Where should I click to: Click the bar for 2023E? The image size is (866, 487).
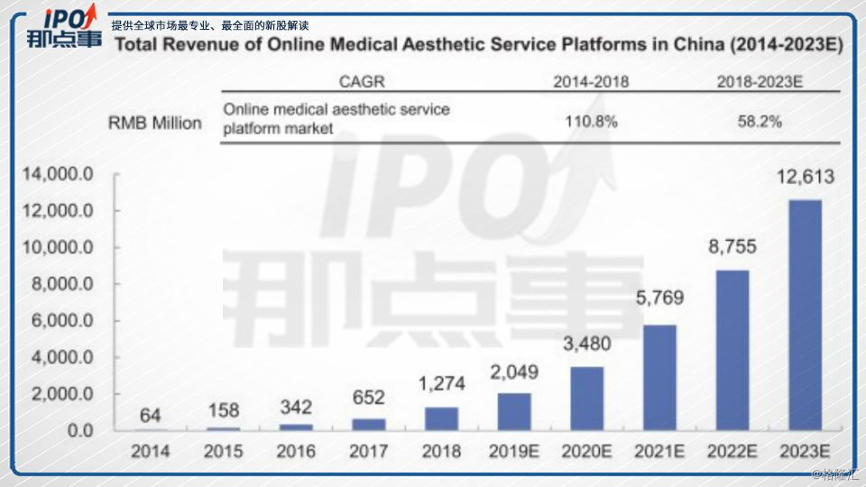805,315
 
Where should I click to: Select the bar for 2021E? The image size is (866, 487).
659,377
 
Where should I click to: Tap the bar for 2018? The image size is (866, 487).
441,418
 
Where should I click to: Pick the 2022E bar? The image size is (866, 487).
732,350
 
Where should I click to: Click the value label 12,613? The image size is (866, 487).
805,177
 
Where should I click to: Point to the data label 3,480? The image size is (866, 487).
586,344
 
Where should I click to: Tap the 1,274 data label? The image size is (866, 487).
441,384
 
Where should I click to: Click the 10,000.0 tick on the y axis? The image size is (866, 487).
58,248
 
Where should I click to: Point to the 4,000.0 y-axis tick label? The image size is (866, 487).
58,358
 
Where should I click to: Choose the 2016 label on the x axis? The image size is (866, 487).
295,449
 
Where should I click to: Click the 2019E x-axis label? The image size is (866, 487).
513,449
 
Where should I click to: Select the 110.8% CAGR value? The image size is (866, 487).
591,120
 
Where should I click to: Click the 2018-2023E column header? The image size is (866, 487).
760,82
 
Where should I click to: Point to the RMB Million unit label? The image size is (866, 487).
155,122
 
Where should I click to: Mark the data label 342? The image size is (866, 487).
295,404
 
